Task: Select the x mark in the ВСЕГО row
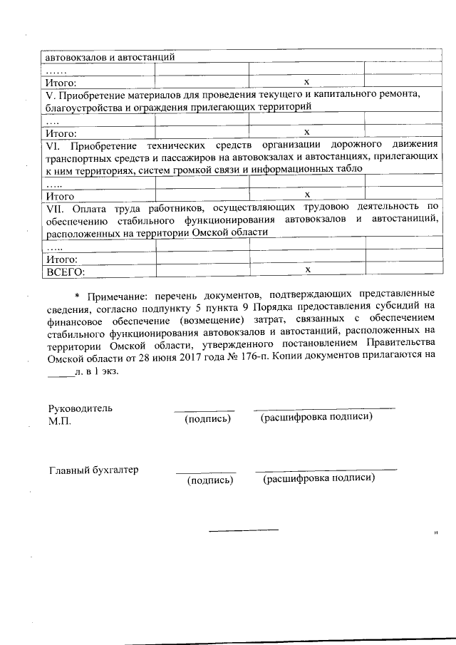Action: click(x=307, y=270)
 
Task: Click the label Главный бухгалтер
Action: click(x=93, y=470)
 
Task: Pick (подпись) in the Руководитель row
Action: click(x=207, y=418)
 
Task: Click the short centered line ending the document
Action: click(x=243, y=530)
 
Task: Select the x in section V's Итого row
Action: click(x=307, y=132)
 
